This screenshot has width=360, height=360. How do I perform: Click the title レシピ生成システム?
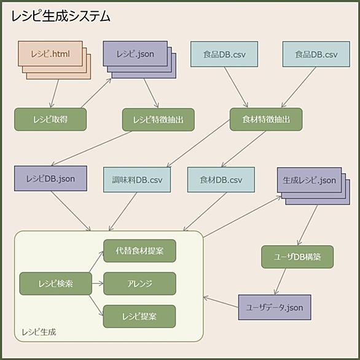coord(61,17)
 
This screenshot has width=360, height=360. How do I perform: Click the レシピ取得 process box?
coord(50,119)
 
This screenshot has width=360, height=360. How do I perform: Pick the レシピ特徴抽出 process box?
coord(158,120)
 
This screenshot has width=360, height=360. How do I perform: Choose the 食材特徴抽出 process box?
coord(266,119)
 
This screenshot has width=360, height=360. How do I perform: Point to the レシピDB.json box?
coord(50,178)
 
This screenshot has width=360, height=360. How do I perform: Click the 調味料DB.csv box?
coord(137,179)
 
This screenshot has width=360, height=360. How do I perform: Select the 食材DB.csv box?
coord(221,179)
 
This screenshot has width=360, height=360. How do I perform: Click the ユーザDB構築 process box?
coord(297,257)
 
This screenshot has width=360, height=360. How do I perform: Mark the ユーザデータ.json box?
coord(275,307)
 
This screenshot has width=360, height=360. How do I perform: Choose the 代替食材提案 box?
coord(139,251)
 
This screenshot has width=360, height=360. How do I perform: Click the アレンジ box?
coord(139,284)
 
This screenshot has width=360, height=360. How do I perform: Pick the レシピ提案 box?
coord(139,316)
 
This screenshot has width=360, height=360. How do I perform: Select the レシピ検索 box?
coord(55,284)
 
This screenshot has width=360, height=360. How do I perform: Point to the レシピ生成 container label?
coord(39,332)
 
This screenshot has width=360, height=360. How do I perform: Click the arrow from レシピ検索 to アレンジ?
coord(98,284)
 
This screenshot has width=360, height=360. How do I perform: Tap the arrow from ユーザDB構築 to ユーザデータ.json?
coord(280,281)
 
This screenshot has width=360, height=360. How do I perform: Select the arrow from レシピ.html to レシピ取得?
coord(55,93)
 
